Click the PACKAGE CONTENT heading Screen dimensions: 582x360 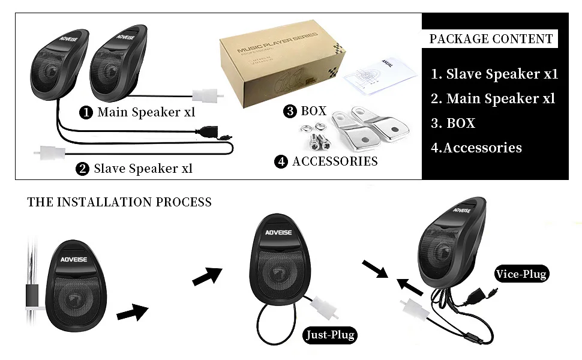(491, 39)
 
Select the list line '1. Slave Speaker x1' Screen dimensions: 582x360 (494, 74)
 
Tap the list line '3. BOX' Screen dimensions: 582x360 (453, 124)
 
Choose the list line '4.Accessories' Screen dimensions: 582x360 (476, 148)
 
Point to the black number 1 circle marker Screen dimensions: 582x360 (86, 112)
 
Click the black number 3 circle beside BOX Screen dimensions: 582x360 (290, 111)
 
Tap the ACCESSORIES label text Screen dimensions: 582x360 (335, 161)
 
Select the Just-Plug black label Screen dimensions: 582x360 (329, 335)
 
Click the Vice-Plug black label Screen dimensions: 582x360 (521, 275)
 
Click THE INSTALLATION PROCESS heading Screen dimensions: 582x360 (119, 202)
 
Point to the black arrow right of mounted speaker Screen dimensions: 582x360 (131, 312)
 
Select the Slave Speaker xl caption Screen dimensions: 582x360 (143, 169)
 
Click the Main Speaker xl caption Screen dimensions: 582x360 (146, 112)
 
